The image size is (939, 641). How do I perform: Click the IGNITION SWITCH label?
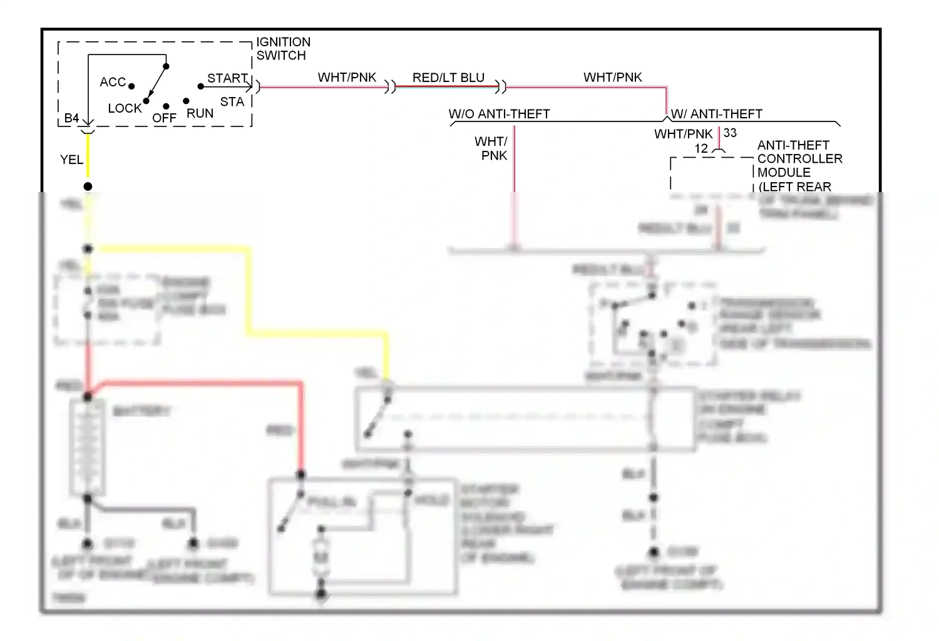point(283,49)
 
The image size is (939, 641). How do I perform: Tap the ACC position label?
point(113,82)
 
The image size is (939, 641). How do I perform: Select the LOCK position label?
point(125,108)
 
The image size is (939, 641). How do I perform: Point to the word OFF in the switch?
point(164,118)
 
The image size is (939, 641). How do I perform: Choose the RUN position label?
point(200,113)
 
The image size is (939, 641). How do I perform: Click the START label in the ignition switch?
point(227,78)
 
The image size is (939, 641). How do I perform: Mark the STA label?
point(232,101)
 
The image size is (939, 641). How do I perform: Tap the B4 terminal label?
point(71,118)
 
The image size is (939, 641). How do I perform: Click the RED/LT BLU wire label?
point(448,78)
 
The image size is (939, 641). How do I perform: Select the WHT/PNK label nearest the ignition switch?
point(347,77)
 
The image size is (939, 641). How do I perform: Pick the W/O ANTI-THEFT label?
point(499,114)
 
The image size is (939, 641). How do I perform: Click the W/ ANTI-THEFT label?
point(717,114)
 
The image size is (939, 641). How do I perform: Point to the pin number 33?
point(730,133)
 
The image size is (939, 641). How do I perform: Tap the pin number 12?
point(701,148)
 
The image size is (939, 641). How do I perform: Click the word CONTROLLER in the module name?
point(799,158)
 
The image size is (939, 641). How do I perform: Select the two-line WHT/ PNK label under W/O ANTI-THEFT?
point(493,148)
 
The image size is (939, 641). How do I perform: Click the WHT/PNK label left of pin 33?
point(683,134)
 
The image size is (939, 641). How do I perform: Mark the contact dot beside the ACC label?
point(131,86)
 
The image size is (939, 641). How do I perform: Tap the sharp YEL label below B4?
point(71,160)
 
